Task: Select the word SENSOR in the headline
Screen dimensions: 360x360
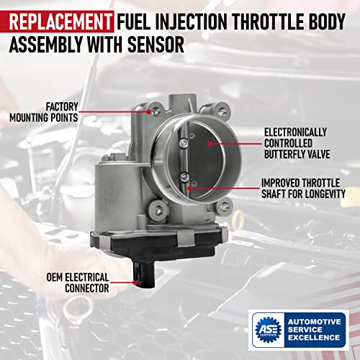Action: point(156,45)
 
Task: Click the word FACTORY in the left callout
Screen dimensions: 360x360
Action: point(62,107)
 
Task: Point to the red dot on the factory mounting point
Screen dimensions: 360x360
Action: point(149,112)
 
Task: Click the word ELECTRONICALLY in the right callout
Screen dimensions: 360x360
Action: point(295,132)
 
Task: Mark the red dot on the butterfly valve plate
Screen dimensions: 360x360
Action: point(210,144)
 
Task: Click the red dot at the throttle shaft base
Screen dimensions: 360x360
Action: point(189,188)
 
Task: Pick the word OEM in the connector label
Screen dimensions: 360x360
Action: point(55,277)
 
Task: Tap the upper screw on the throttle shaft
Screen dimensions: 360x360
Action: point(184,143)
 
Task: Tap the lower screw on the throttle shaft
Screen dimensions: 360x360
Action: point(184,177)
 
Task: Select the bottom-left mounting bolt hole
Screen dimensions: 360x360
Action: point(158,210)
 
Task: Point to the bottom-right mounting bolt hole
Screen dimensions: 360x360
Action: point(224,206)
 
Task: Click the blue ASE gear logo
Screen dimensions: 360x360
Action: point(269,329)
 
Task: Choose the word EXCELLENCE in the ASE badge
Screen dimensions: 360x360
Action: point(314,338)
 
